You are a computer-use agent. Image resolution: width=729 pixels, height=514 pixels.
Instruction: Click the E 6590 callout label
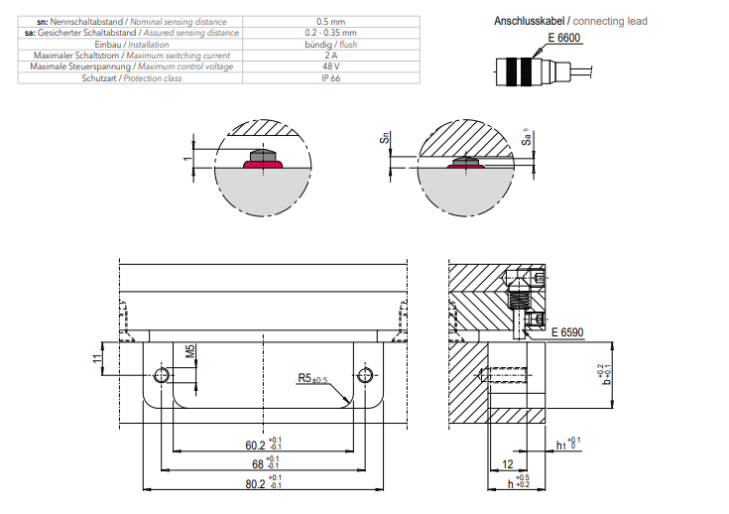coord(568,333)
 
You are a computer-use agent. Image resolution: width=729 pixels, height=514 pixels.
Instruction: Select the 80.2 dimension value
coord(255,484)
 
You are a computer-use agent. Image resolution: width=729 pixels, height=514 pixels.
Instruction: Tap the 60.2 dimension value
coord(255,445)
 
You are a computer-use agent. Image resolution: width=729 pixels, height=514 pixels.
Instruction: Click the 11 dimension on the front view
coord(96,358)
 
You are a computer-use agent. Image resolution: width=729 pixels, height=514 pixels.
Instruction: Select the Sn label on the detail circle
coord(384,142)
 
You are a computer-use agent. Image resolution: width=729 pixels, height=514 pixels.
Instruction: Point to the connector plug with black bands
coord(527,72)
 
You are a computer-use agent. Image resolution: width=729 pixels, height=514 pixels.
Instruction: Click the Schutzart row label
coord(127,77)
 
